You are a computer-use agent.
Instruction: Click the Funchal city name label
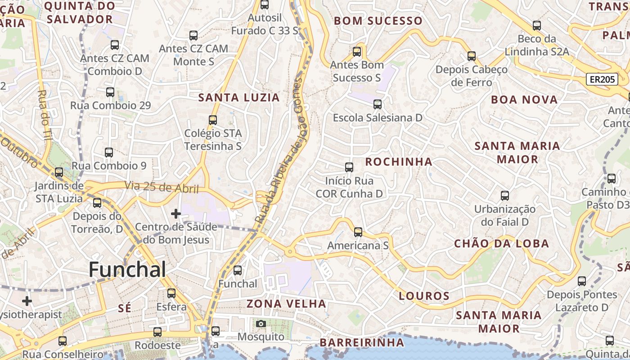point(127,270)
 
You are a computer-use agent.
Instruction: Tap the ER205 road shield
point(602,80)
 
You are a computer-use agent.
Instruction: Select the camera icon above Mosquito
point(261,324)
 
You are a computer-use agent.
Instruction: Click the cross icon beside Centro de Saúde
point(176,213)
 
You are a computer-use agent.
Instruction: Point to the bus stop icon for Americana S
point(358,232)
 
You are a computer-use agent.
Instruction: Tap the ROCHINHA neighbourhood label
point(398,162)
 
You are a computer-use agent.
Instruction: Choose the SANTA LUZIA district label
point(239,98)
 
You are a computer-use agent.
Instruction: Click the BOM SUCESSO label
point(378,21)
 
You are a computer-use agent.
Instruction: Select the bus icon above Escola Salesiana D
point(377,104)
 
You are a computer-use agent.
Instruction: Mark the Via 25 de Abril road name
point(161,187)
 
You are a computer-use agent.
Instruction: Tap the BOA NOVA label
point(524,100)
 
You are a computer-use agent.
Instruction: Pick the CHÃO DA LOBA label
point(501,244)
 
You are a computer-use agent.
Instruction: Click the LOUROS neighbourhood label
point(424,296)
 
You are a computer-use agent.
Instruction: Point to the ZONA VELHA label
point(286,304)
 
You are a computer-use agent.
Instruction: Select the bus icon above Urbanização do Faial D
point(505,196)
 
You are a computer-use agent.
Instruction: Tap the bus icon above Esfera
point(171,293)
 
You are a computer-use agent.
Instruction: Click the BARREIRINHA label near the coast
point(362,342)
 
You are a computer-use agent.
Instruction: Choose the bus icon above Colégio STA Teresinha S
point(213,120)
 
